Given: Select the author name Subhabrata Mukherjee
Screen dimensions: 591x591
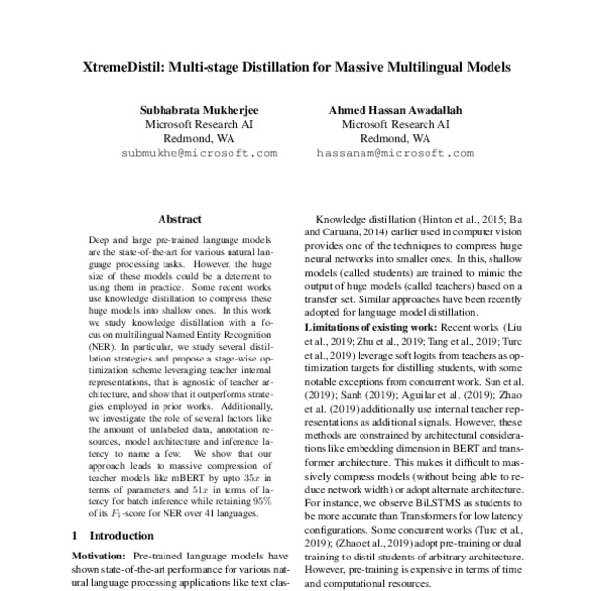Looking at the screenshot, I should point(199,111).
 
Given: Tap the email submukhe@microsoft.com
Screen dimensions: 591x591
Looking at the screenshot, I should point(199,154).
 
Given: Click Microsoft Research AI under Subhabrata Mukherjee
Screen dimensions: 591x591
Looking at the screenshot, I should point(199,125).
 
